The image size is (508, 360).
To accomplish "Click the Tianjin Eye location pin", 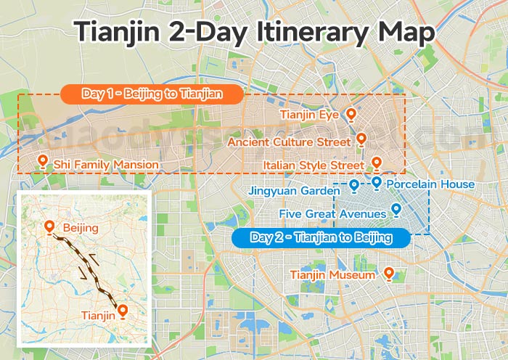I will [351, 114].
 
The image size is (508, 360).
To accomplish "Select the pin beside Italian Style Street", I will [376, 163].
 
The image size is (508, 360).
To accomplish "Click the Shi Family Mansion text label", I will [106, 165].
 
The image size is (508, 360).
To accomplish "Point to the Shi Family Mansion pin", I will [42, 162].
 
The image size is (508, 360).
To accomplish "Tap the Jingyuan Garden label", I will [294, 191].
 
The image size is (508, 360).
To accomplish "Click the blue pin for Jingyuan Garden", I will [353, 186].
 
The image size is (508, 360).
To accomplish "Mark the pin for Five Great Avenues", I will [396, 210].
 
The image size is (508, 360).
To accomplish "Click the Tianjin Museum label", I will [332, 275].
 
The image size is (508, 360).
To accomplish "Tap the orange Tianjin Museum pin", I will [388, 273].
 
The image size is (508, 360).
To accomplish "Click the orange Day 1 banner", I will [151, 94].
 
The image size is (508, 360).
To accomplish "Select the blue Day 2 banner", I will [320, 237].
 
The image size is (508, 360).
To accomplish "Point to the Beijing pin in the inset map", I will [49, 227].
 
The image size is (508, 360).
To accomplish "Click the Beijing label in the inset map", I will [81, 229].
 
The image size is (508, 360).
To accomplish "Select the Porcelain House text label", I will [430, 184].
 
